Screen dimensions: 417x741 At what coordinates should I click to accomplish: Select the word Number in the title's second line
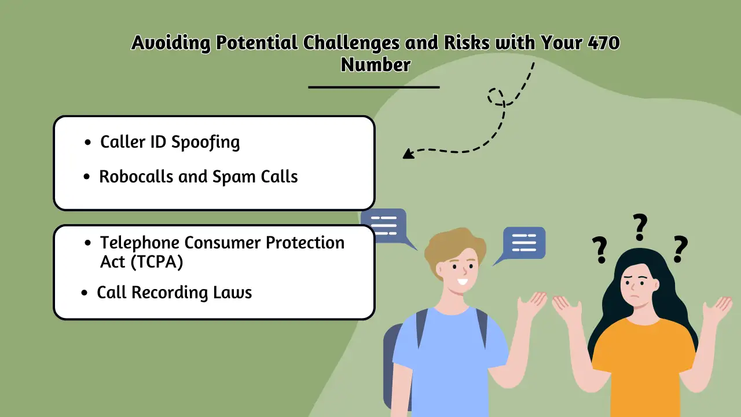point(375,64)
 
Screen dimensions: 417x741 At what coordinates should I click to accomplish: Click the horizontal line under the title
point(374,87)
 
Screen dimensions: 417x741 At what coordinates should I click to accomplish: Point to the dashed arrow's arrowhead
point(408,153)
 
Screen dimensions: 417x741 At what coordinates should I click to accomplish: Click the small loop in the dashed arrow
point(496,97)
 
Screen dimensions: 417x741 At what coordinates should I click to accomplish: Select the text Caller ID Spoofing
point(170,142)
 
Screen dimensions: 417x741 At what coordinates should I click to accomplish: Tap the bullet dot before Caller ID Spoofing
point(87,142)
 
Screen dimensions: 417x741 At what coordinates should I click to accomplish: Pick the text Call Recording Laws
point(174,292)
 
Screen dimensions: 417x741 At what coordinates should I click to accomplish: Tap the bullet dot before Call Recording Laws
point(85,293)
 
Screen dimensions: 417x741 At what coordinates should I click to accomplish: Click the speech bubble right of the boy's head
point(524,242)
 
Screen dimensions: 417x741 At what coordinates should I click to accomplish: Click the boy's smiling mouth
point(461,282)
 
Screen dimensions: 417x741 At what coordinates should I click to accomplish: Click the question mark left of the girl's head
point(600,250)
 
